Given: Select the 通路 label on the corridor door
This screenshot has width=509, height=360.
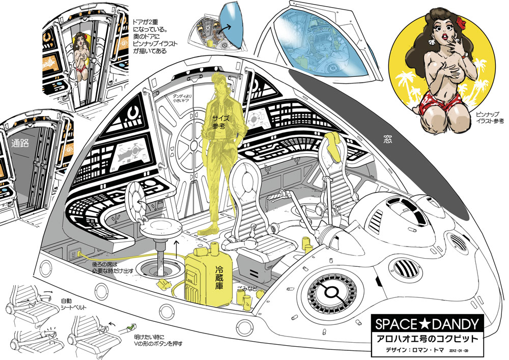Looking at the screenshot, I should tap(19, 144).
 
